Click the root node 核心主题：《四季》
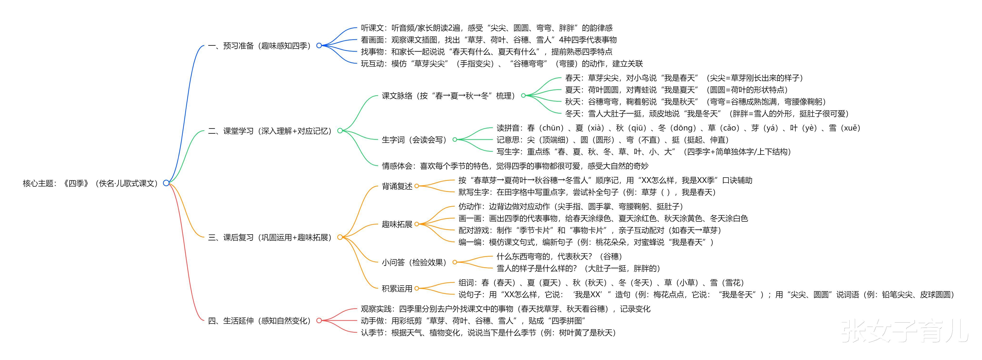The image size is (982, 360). tap(90, 183)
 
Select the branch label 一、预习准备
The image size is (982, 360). tap(259, 46)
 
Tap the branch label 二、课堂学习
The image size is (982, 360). tap(270, 131)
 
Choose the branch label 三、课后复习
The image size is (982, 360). tap(270, 237)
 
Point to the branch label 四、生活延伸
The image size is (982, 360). tap(259, 321)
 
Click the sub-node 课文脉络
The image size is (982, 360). tap(448, 96)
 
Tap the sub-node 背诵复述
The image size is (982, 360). tap(397, 186)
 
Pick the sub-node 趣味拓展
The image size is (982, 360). tap(397, 224)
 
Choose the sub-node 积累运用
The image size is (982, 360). tap(397, 288)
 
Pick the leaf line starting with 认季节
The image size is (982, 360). tap(488, 333)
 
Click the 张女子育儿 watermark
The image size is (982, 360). tap(904, 331)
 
